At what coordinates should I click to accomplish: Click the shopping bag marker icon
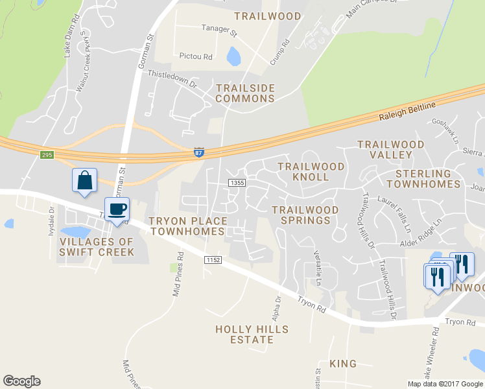click(x=85, y=180)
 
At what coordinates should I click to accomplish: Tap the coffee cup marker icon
click(x=117, y=209)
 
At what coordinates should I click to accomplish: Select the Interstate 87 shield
click(x=199, y=152)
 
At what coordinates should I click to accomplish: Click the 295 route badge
click(x=46, y=154)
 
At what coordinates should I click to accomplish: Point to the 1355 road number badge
click(x=237, y=183)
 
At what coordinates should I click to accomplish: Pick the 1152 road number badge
click(x=213, y=259)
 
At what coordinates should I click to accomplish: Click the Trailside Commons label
click(x=245, y=93)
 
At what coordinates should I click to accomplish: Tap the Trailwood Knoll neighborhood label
click(x=311, y=172)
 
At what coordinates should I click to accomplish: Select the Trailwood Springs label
click(x=305, y=215)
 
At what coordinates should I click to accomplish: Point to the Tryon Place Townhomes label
click(x=188, y=226)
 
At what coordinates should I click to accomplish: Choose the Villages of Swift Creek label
click(x=97, y=247)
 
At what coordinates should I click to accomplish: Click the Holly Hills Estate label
click(x=252, y=335)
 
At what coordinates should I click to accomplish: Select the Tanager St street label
click(x=220, y=30)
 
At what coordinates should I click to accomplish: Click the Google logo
click(x=21, y=381)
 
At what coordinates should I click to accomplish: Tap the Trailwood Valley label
click(x=390, y=150)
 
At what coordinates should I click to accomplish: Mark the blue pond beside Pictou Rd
click(x=233, y=56)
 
